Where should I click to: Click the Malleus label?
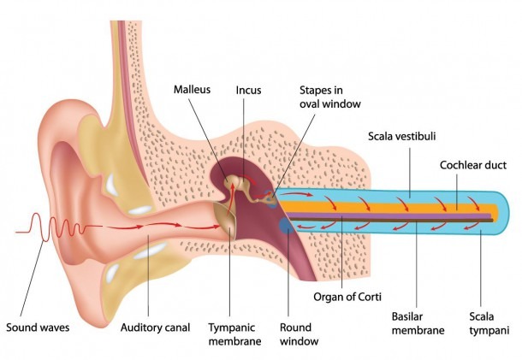pyautogui.click(x=192, y=90)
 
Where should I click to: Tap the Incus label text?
pyautogui.click(x=248, y=90)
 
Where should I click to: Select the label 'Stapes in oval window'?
pyautogui.click(x=330, y=97)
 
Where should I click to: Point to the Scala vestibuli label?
pyautogui.click(x=402, y=136)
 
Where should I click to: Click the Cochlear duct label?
pyautogui.click(x=473, y=165)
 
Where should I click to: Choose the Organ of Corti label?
pyautogui.click(x=347, y=297)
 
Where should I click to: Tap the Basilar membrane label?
pyautogui.click(x=418, y=323)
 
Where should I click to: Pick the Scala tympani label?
pyautogui.click(x=489, y=323)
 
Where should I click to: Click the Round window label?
pyautogui.click(x=299, y=334)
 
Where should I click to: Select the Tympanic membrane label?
pyautogui.click(x=234, y=334)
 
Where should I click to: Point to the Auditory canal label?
pyautogui.click(x=155, y=328)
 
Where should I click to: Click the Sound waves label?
pyautogui.click(x=38, y=328)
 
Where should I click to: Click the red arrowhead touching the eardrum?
pyautogui.click(x=217, y=227)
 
